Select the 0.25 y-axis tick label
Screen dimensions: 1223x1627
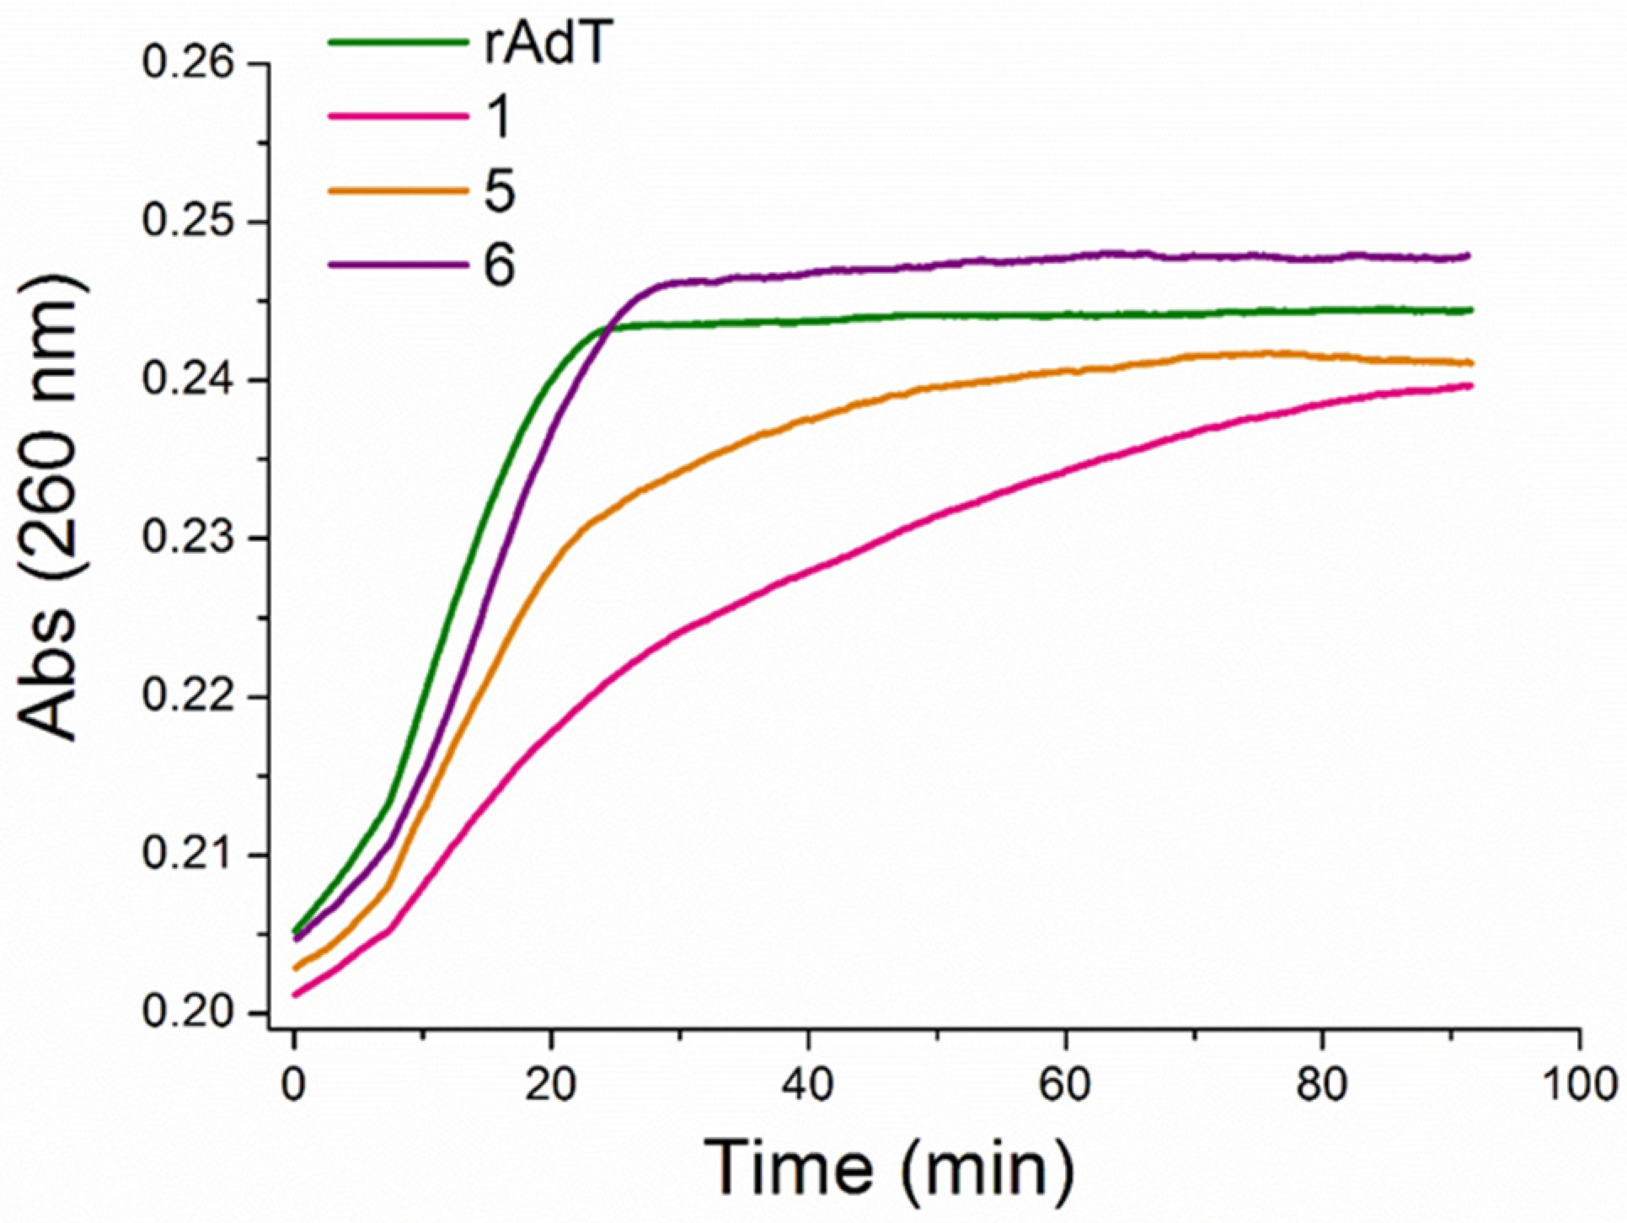[187, 223]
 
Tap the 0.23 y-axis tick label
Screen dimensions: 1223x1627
[187, 539]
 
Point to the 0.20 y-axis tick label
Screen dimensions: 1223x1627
[187, 1014]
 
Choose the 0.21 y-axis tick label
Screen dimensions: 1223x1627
[187, 856]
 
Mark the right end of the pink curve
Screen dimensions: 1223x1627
[1470, 386]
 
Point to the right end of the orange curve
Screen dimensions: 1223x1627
[1471, 363]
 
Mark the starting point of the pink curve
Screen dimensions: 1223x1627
[294, 995]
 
